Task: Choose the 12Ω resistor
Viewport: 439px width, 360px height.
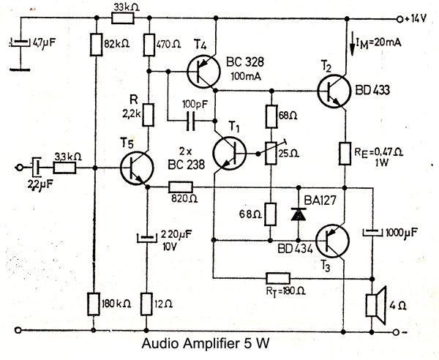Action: pos(148,303)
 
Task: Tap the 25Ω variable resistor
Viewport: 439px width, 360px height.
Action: pos(273,154)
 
